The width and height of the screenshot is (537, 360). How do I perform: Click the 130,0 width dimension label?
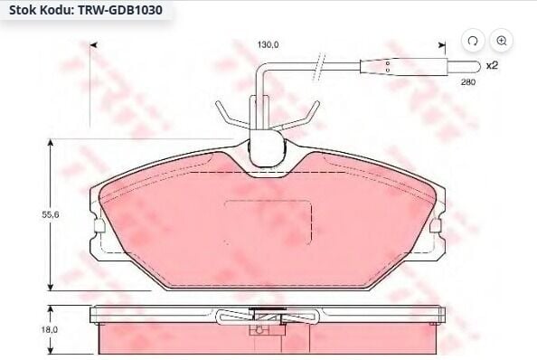click(268, 44)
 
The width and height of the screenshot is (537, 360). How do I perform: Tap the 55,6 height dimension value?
click(51, 214)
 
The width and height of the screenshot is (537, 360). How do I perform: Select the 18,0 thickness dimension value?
click(50, 329)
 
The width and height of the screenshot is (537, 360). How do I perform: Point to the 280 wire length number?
click(467, 82)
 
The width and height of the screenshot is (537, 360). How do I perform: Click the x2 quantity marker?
click(492, 65)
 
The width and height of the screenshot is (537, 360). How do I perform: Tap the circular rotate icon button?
click(473, 41)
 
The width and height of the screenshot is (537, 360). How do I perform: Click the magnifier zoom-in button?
click(502, 41)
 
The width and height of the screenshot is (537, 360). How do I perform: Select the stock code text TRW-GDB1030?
click(120, 10)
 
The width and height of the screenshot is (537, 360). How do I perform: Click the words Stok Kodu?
click(41, 10)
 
